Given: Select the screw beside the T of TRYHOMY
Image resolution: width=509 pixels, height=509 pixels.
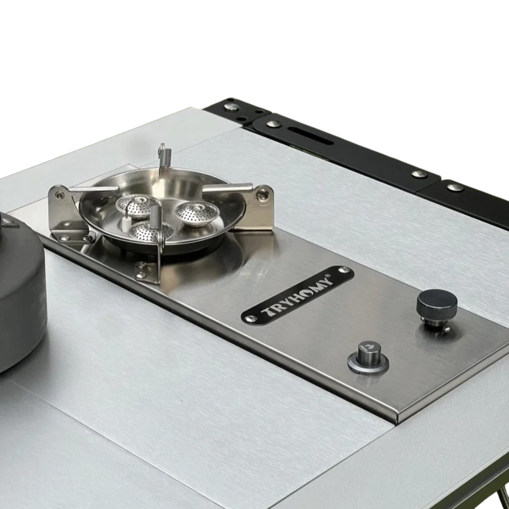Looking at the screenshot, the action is click(x=251, y=319).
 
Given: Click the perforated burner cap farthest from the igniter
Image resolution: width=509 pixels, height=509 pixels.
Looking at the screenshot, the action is click(x=197, y=213).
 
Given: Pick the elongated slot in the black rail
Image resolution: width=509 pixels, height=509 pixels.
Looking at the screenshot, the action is click(x=310, y=135).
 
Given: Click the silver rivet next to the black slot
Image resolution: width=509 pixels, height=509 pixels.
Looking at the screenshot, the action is click(x=274, y=123).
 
